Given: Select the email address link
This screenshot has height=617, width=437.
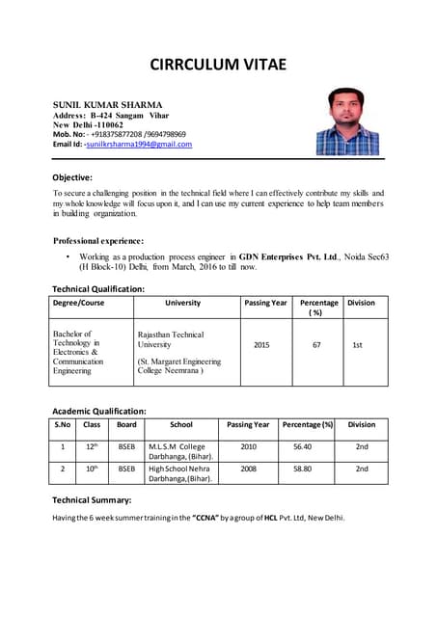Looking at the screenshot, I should point(139,145).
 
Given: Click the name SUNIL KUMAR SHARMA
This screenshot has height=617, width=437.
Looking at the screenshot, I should point(107,104).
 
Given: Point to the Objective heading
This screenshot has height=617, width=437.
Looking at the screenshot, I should point(72,177).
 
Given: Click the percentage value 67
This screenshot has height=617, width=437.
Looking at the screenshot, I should point(316,343).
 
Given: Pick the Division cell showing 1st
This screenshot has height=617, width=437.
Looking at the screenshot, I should point(358,343).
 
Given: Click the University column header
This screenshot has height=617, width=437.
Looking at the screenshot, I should point(183,303).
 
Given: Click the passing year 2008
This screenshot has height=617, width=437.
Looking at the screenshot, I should point(248,469).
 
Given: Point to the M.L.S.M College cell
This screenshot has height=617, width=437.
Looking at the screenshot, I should point(179,452).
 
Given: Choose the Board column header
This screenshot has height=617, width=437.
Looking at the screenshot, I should point(126,424).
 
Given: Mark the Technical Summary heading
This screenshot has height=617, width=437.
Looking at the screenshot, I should point(92,500).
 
